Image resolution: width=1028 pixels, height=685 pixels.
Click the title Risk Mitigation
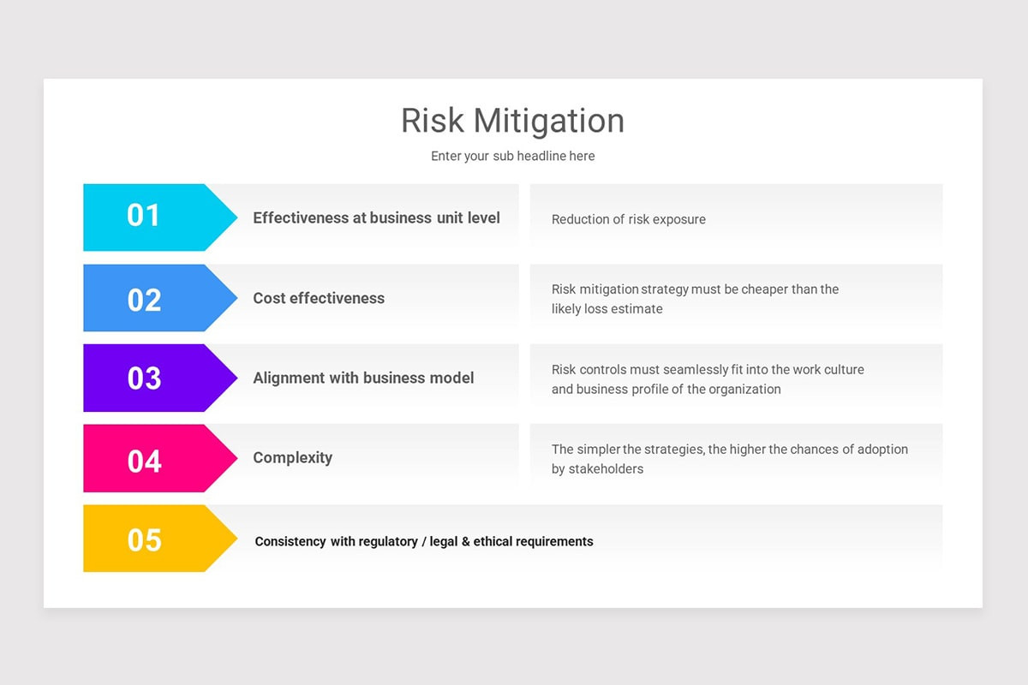[512, 121]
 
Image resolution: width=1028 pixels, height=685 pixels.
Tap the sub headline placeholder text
[512, 156]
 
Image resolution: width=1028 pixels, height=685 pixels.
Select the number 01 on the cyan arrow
[143, 216]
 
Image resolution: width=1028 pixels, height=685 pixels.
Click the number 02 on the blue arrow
[144, 300]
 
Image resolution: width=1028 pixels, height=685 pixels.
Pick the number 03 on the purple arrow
[144, 378]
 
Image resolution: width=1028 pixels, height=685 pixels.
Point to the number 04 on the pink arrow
[144, 462]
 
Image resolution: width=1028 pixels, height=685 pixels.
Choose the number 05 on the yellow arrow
[144, 540]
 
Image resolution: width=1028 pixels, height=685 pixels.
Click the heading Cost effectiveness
[319, 298]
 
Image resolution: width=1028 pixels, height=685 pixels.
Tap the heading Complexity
[292, 457]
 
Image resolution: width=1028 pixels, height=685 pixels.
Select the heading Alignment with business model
[363, 378]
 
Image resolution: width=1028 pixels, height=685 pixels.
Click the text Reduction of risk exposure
[629, 219]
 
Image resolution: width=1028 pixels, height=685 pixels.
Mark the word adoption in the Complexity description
[880, 449]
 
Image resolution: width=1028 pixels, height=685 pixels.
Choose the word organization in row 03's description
[740, 389]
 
